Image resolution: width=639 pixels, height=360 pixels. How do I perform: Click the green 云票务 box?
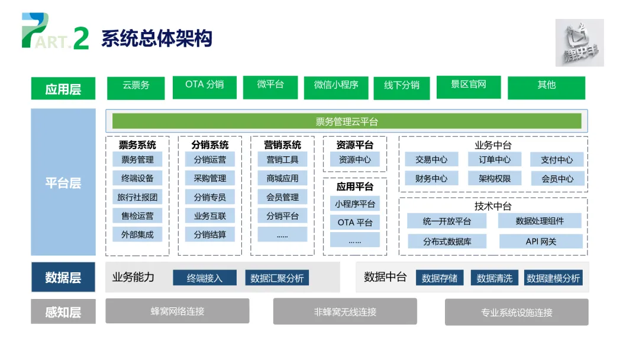tap(136, 87)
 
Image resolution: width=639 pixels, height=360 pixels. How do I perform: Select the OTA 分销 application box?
tap(205, 86)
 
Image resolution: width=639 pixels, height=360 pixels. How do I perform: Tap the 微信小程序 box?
tap(336, 87)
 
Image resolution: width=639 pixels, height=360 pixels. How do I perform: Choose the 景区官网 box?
tap(469, 86)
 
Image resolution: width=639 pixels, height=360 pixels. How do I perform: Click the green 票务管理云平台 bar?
tap(347, 121)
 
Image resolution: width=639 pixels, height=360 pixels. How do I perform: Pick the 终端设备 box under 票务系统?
tap(137, 178)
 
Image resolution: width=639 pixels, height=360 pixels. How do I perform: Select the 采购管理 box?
tap(210, 178)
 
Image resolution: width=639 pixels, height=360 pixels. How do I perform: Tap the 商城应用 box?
tap(282, 178)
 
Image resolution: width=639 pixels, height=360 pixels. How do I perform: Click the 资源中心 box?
tap(355, 159)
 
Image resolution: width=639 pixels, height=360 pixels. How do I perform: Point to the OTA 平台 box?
tap(355, 223)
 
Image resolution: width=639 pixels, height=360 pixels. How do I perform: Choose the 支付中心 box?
tap(557, 159)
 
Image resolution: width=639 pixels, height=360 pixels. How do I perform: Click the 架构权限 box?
tap(495, 178)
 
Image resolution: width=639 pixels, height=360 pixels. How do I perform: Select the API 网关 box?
tap(541, 241)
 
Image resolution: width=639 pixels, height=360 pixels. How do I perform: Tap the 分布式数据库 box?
tap(447, 241)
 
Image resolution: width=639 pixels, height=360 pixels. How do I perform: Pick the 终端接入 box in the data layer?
tap(205, 278)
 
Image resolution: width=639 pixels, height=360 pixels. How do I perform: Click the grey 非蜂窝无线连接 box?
tap(345, 311)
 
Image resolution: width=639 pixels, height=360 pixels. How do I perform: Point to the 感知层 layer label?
tap(63, 312)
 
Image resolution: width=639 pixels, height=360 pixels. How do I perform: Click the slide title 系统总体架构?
tap(157, 38)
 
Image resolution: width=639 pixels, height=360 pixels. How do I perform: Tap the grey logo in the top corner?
tap(579, 43)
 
